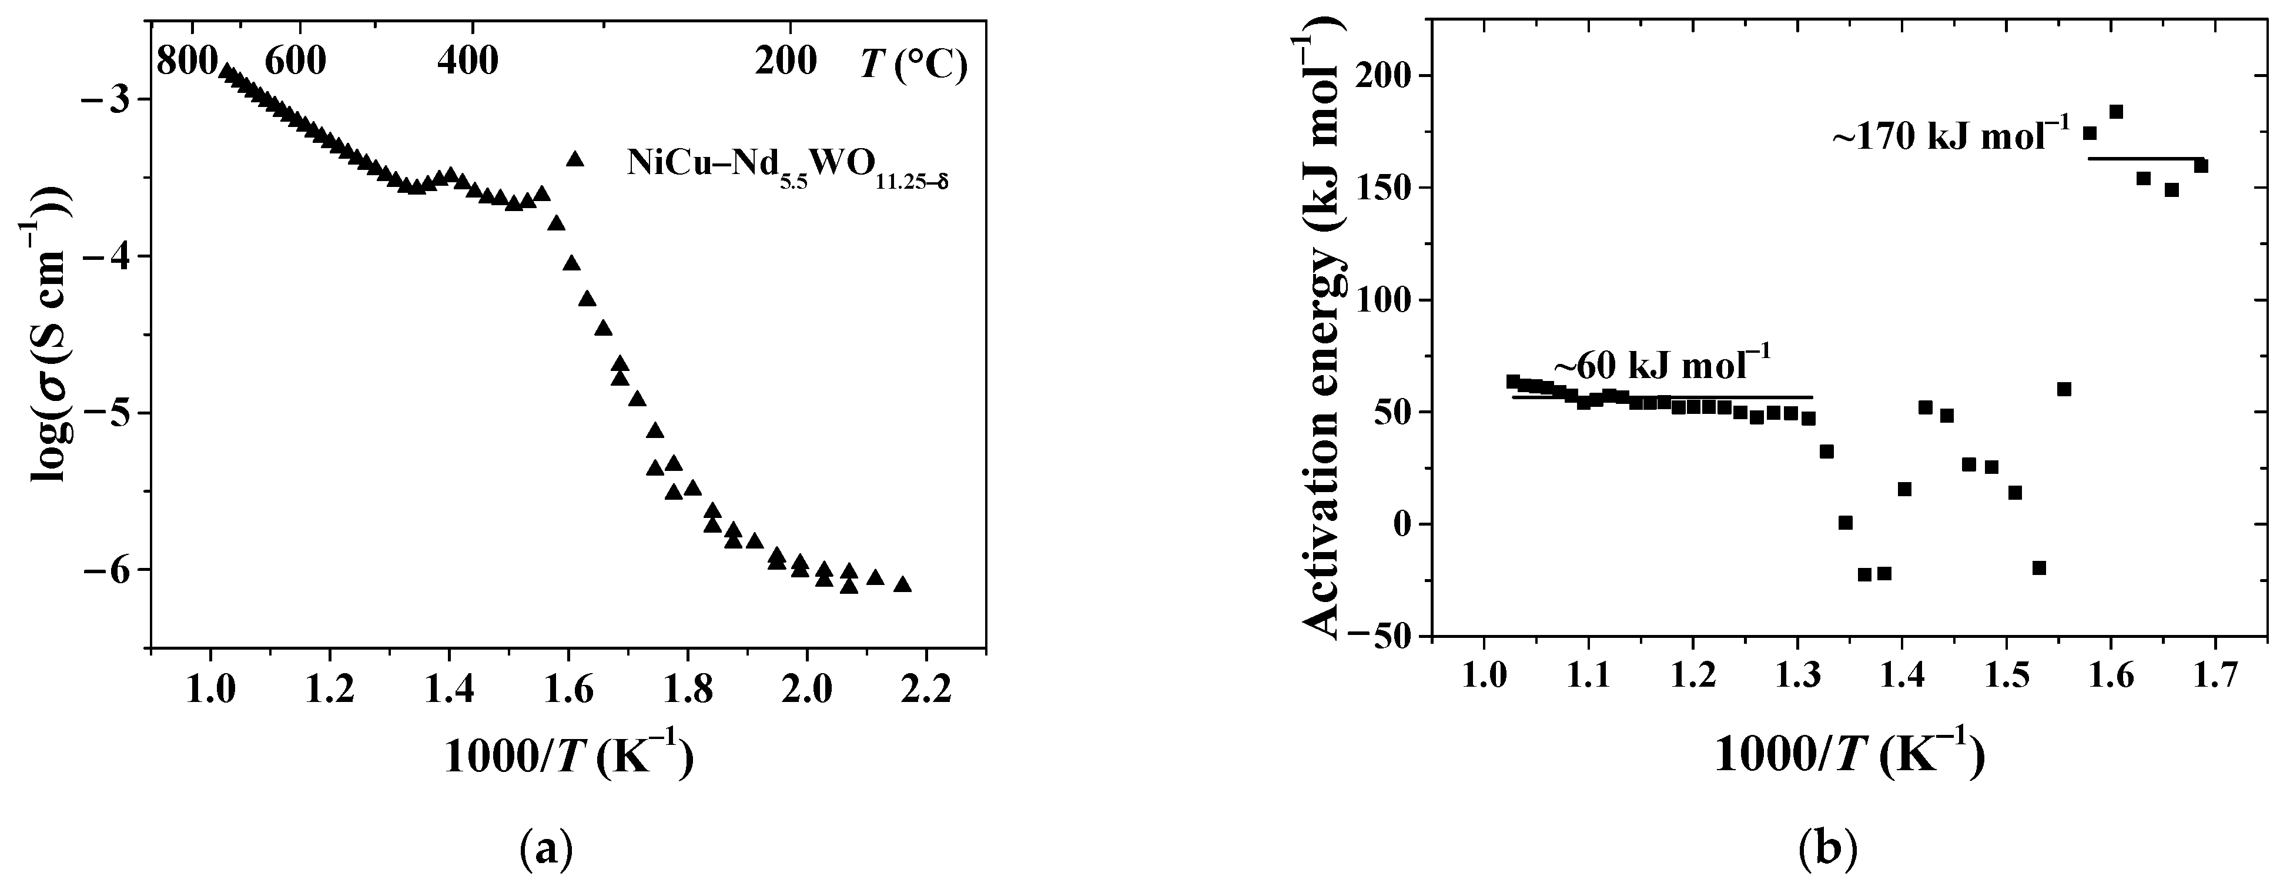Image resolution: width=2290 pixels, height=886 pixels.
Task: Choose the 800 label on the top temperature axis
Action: [x=186, y=61]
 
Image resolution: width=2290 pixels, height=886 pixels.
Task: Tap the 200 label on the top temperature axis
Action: [x=785, y=61]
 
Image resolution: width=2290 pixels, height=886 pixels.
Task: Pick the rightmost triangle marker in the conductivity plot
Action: [x=902, y=584]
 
